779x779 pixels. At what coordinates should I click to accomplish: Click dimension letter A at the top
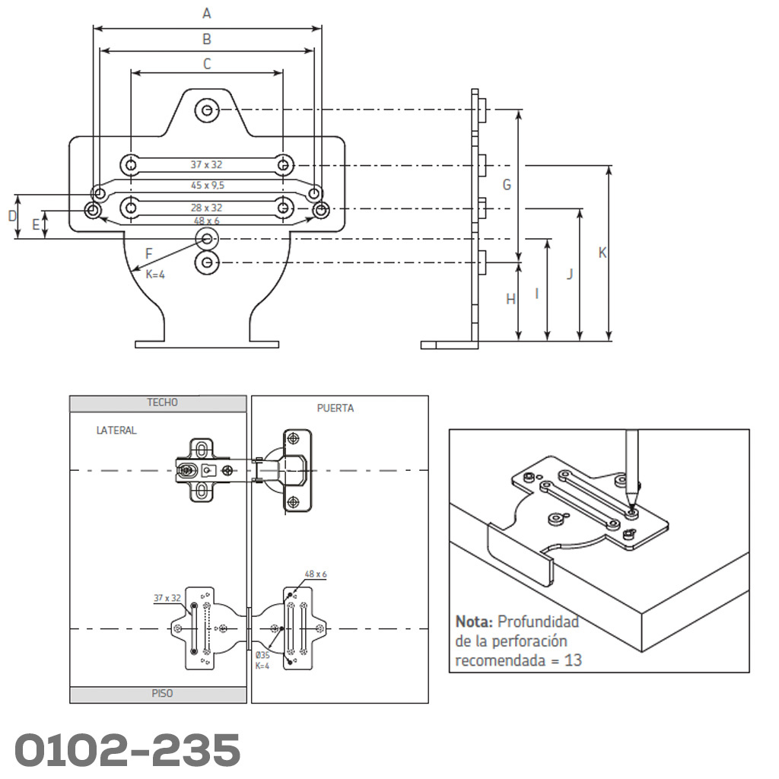tap(206, 13)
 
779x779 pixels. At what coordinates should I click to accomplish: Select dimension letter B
tap(207, 39)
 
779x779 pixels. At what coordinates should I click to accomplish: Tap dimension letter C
tap(207, 65)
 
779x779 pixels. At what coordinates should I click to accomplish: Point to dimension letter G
tap(507, 185)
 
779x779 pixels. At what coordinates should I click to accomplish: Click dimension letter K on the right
tap(603, 253)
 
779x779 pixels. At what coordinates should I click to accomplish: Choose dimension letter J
tap(570, 274)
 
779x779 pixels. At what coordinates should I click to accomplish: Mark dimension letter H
tap(511, 300)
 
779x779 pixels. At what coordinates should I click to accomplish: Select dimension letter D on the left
tap(12, 216)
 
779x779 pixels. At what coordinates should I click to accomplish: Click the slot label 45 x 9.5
tap(207, 185)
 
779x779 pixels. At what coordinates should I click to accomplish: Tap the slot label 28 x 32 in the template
tap(207, 207)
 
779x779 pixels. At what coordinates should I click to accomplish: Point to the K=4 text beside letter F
tap(155, 275)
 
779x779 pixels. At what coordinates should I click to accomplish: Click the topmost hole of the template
tap(206, 110)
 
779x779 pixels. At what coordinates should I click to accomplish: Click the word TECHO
tap(162, 402)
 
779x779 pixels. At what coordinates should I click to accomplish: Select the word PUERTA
tap(335, 409)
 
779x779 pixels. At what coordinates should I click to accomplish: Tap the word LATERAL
tap(116, 431)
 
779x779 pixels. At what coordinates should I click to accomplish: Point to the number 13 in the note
tap(573, 660)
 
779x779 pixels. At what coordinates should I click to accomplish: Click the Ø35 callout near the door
tap(262, 656)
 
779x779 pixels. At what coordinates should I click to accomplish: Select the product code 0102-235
tap(127, 750)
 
